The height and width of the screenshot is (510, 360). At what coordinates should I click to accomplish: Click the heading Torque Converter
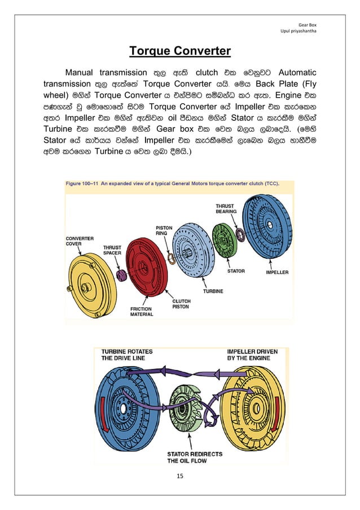click(x=180, y=52)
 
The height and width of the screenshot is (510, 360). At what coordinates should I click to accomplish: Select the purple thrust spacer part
click(x=120, y=276)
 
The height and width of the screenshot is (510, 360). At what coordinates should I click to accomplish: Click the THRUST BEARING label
click(x=226, y=209)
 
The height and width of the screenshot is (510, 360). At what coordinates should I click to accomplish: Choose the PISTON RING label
click(x=164, y=231)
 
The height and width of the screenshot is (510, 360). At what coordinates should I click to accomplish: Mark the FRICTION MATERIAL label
click(x=141, y=312)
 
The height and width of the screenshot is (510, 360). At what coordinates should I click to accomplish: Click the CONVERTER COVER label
click(x=80, y=241)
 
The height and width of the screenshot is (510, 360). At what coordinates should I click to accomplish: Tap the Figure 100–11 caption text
click(x=172, y=183)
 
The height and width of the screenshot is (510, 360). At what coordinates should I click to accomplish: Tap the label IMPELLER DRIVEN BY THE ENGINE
click(x=252, y=355)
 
